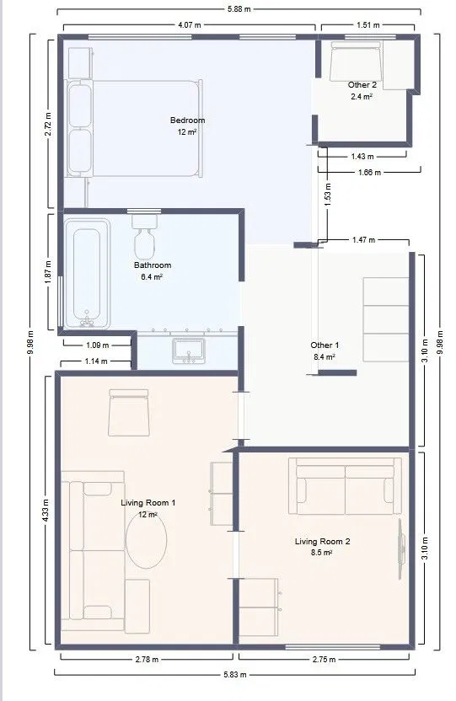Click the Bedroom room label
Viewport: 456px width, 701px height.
point(187,120)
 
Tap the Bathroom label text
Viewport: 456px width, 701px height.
point(153,265)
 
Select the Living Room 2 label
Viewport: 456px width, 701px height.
point(322,542)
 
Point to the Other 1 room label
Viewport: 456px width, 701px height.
point(325,345)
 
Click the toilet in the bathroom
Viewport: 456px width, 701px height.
point(144,238)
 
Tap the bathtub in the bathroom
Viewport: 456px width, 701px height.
point(87,274)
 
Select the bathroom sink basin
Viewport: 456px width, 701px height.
point(189,350)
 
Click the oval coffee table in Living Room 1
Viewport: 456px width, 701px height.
point(146,539)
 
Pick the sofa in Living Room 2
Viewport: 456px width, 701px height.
point(345,486)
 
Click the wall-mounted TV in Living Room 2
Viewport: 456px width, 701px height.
point(401,548)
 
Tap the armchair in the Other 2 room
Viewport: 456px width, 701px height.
point(356,62)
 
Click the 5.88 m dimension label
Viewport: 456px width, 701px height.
point(239,8)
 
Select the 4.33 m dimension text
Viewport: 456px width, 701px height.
point(46,511)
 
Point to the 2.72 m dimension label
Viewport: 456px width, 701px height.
point(48,124)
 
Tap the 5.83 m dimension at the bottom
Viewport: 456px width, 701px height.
point(234,674)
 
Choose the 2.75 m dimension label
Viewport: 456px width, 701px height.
point(325,659)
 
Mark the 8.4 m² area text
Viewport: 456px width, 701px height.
point(325,356)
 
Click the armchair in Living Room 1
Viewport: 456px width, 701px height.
point(129,412)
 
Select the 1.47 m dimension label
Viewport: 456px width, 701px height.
point(363,240)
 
